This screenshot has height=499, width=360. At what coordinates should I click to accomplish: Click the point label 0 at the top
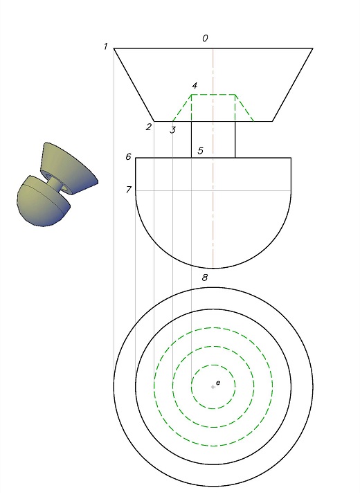point(205,38)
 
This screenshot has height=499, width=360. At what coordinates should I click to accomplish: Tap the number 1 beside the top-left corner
point(106,46)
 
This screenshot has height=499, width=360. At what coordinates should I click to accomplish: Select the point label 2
point(149,127)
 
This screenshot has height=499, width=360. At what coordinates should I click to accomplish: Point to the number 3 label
point(172,130)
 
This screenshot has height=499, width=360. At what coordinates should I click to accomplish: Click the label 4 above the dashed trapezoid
point(195,86)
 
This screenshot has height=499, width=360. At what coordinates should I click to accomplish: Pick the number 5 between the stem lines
point(200,150)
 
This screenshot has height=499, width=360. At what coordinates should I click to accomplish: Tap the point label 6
point(128,156)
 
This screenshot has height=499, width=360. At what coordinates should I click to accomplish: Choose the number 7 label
point(128,190)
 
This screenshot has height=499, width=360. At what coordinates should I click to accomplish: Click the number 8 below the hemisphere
point(205,278)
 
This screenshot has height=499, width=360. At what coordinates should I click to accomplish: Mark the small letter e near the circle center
point(218,383)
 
